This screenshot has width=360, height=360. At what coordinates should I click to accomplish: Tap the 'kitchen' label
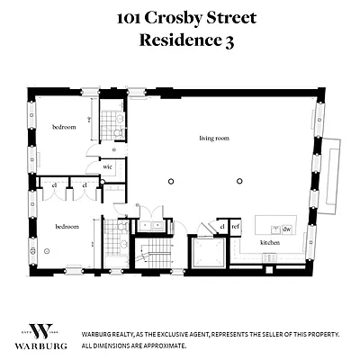point(270,243)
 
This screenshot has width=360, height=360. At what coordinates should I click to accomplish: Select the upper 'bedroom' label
point(63,127)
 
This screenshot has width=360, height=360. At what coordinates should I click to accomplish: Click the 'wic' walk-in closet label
point(107,166)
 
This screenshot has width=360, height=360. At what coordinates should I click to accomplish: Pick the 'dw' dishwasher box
point(286,229)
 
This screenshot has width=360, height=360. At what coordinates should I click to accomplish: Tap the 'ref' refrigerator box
point(236,228)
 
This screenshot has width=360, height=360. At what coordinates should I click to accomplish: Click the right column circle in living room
point(239,182)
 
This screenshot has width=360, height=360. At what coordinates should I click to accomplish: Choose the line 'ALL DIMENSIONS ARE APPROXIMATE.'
point(135,346)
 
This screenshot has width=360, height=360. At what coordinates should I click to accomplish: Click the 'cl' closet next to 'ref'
point(221,228)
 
